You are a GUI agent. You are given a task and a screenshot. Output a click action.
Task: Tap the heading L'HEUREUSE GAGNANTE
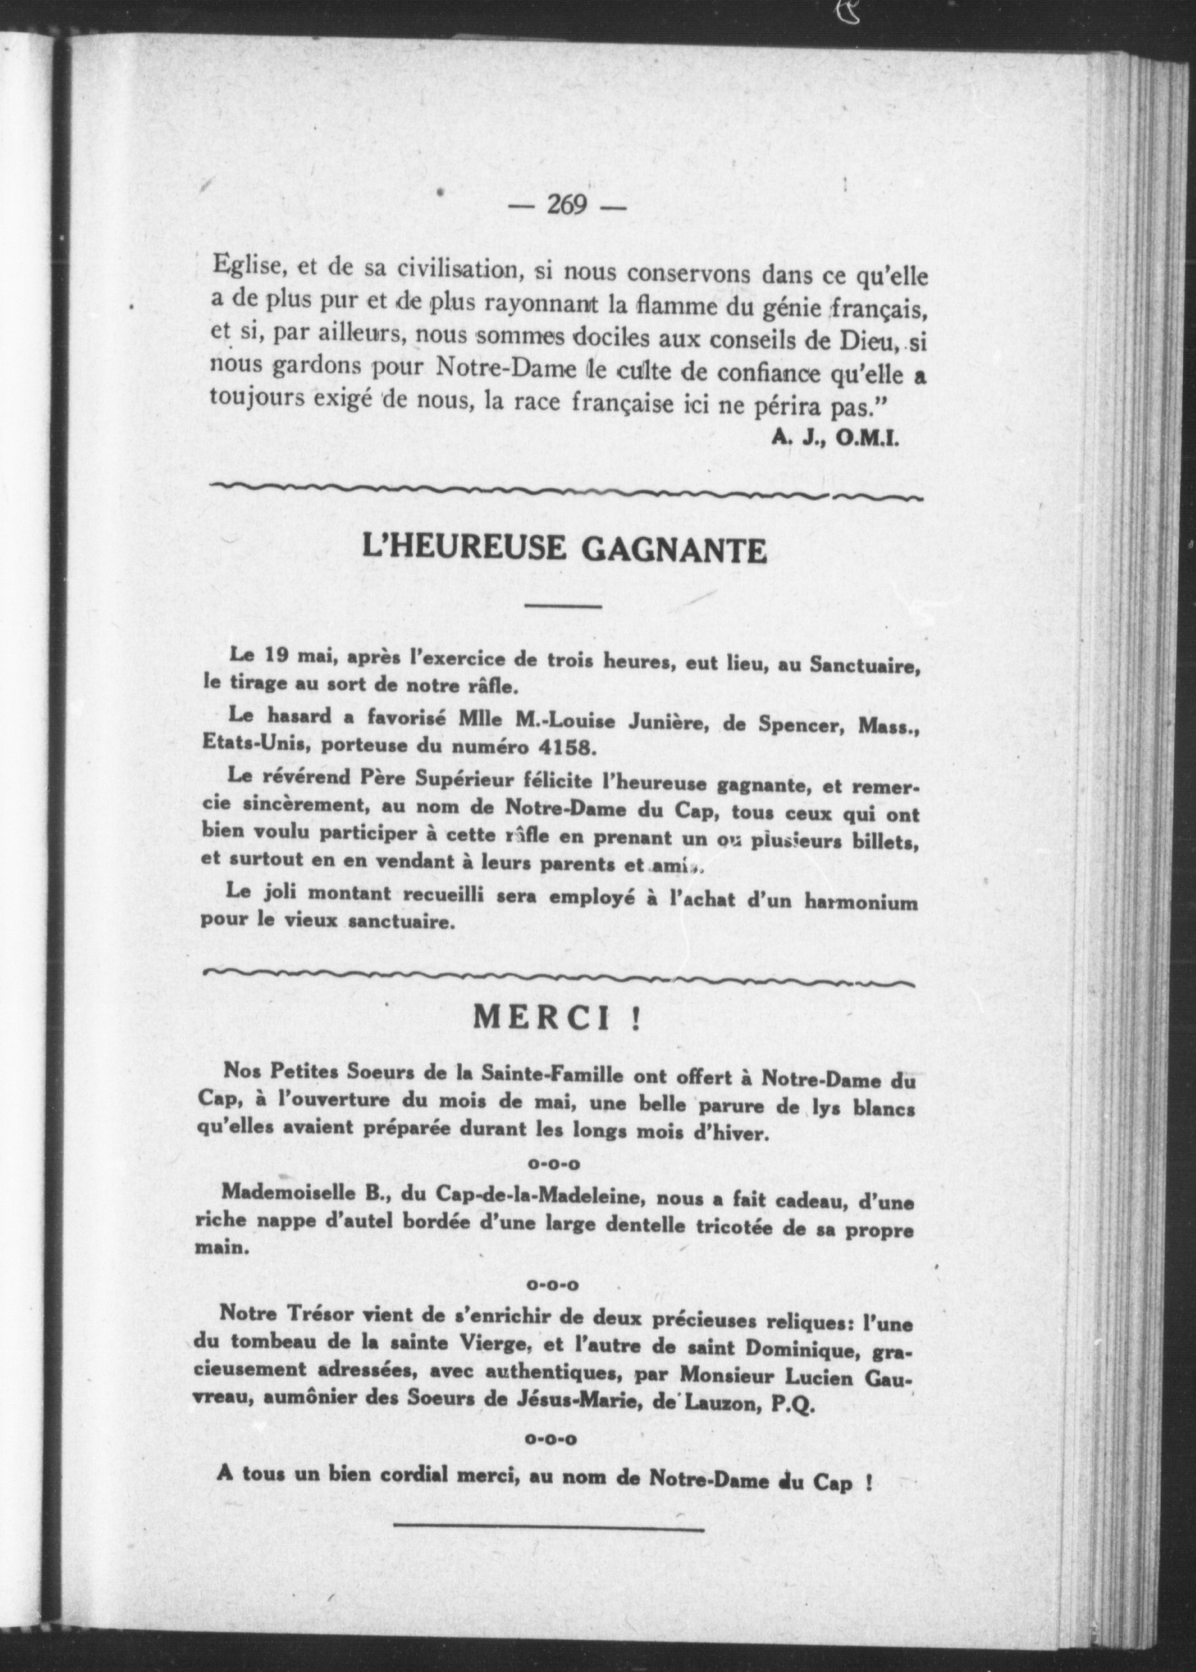click(564, 549)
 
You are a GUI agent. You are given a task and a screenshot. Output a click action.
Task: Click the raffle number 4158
click(565, 747)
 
